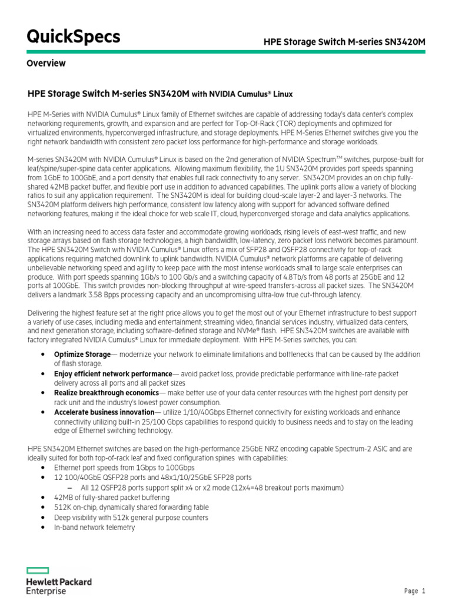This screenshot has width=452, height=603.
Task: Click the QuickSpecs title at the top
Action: tap(74, 37)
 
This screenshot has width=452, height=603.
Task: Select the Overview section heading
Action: tap(46, 64)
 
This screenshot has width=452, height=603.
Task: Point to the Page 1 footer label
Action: tap(415, 591)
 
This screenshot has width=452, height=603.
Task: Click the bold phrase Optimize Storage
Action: tap(82, 354)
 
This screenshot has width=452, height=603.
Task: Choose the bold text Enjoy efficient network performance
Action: tap(112, 374)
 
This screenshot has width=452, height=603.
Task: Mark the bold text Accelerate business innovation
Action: tap(104, 412)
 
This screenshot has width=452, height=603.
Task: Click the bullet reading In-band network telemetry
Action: tap(94, 528)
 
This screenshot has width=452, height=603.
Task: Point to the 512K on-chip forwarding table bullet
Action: tap(131, 508)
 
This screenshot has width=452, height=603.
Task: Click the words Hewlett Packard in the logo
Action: tap(59, 582)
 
